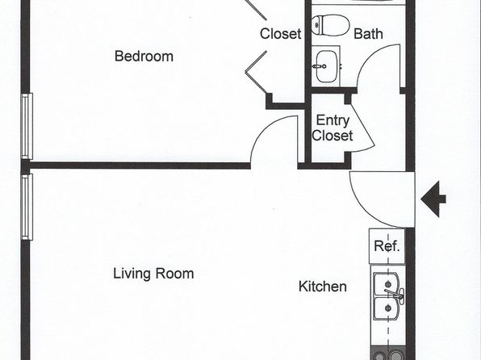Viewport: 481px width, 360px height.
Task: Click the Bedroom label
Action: point(144,57)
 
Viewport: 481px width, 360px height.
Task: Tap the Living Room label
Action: point(153,274)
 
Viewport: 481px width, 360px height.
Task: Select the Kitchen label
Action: point(323,287)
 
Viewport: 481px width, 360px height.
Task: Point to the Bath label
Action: point(368,33)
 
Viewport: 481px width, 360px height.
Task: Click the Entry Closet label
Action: point(333,128)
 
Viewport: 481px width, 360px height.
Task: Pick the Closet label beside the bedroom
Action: point(280,33)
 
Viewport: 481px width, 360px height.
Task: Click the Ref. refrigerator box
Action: point(387,246)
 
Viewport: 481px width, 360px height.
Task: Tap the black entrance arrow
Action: point(433,199)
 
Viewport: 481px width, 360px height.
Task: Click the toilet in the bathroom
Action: point(330,25)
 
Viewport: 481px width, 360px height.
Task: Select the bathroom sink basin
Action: point(326,66)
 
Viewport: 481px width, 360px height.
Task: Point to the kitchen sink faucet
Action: point(395,294)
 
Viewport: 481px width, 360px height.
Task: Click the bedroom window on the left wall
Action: point(27,126)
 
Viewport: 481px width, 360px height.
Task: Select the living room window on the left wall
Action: point(27,207)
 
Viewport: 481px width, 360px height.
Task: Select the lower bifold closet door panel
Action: point(256,73)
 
